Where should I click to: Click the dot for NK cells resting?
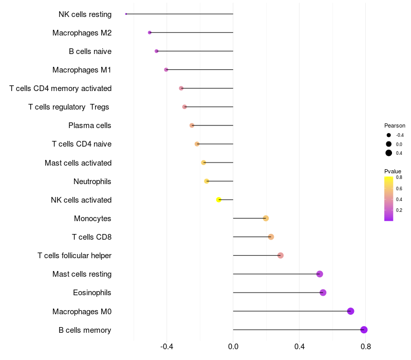[x=126, y=14]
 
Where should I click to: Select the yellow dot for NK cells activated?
[x=219, y=200]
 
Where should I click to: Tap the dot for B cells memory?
[x=364, y=330]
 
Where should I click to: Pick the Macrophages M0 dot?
[x=351, y=311]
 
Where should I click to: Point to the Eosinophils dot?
[x=323, y=293]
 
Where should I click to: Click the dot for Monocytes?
[x=266, y=218]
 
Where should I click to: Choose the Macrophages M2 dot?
[x=150, y=32]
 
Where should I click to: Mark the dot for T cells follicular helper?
[x=281, y=255]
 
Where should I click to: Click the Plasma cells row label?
[x=89, y=125]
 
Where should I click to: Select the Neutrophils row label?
[x=92, y=182]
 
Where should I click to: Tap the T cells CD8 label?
[x=92, y=237]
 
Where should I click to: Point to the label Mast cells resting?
[x=82, y=274]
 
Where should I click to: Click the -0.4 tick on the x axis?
[x=166, y=347]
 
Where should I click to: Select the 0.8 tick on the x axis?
[x=366, y=347]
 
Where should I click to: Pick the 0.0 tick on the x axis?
[x=233, y=347]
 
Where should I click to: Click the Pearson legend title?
[x=395, y=125]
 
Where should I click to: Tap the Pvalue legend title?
[x=393, y=171]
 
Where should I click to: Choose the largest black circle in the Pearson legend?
[x=389, y=153]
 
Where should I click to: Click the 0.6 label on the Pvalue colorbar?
[x=399, y=188]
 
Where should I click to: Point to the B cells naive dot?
[x=157, y=51]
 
